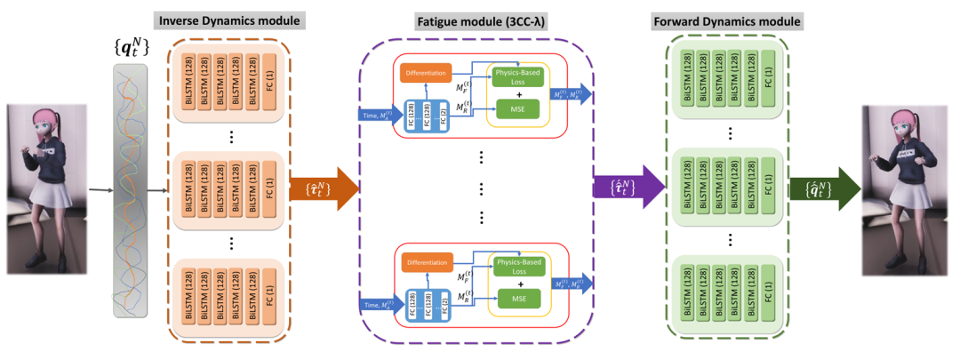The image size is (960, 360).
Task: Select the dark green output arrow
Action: [x=826, y=188]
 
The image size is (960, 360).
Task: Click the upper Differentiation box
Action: [x=426, y=71]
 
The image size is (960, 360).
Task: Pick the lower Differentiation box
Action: [x=426, y=262]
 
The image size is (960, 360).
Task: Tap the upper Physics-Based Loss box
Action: [x=519, y=76]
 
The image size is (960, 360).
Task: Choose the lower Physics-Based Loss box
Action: [x=519, y=268]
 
